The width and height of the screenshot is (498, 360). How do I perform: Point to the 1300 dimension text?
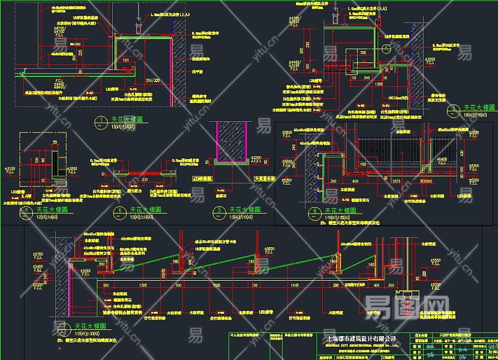click(379, 85)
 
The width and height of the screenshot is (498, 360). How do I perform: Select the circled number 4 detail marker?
click(121, 211)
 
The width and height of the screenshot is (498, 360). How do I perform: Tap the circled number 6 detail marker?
click(314, 211)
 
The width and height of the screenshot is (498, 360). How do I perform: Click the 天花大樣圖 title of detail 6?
click(340, 211)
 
